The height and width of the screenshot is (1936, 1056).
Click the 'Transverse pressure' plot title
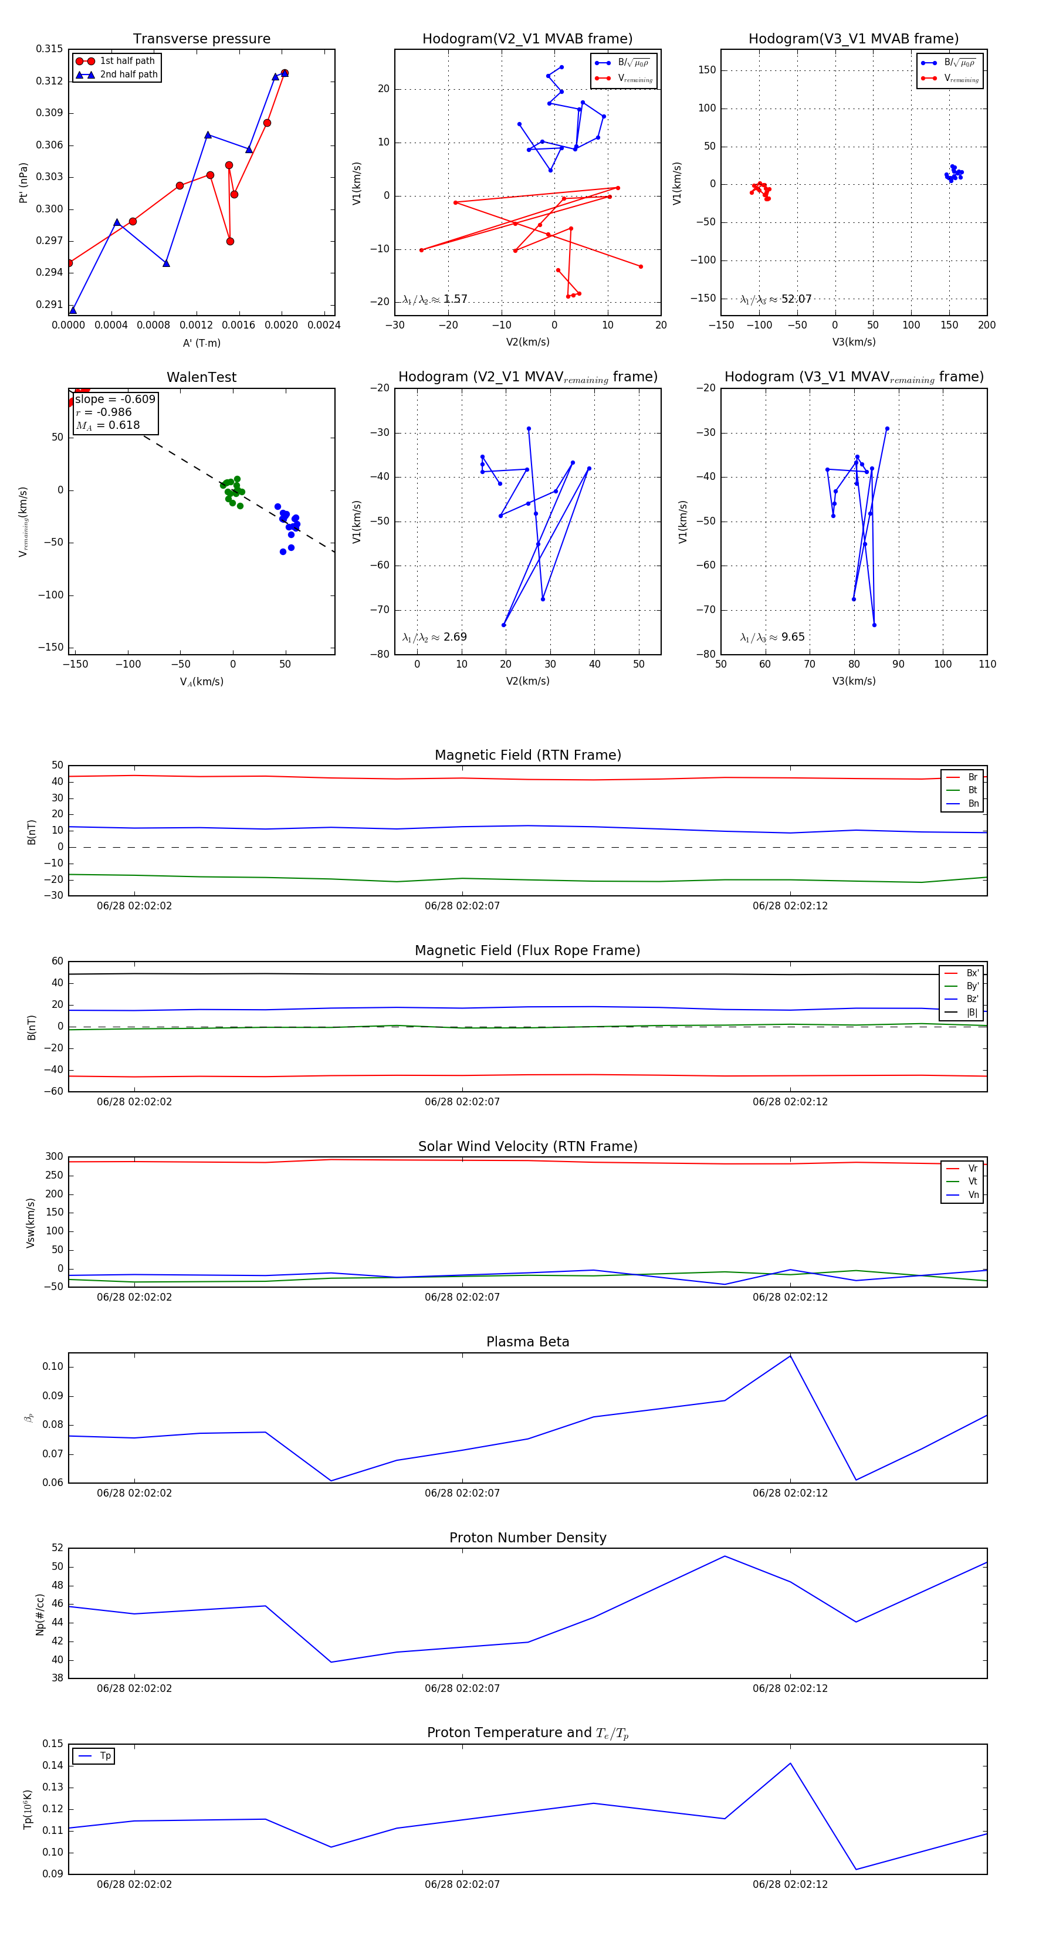point(201,39)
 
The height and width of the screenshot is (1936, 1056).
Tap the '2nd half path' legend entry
point(128,75)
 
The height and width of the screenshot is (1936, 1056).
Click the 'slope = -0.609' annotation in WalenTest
point(115,399)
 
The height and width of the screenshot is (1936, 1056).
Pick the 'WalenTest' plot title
point(201,377)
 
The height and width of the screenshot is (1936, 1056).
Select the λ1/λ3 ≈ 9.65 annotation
point(772,637)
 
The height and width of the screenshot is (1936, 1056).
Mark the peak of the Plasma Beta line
point(790,1355)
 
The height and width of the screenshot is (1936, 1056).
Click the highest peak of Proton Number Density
point(725,1556)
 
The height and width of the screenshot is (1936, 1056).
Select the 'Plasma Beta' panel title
point(527,1342)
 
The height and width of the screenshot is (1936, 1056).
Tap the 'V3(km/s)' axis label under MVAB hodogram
point(853,342)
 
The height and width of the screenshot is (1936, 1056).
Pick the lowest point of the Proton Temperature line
point(855,1869)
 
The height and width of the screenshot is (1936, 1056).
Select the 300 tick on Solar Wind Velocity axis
point(54,1157)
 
